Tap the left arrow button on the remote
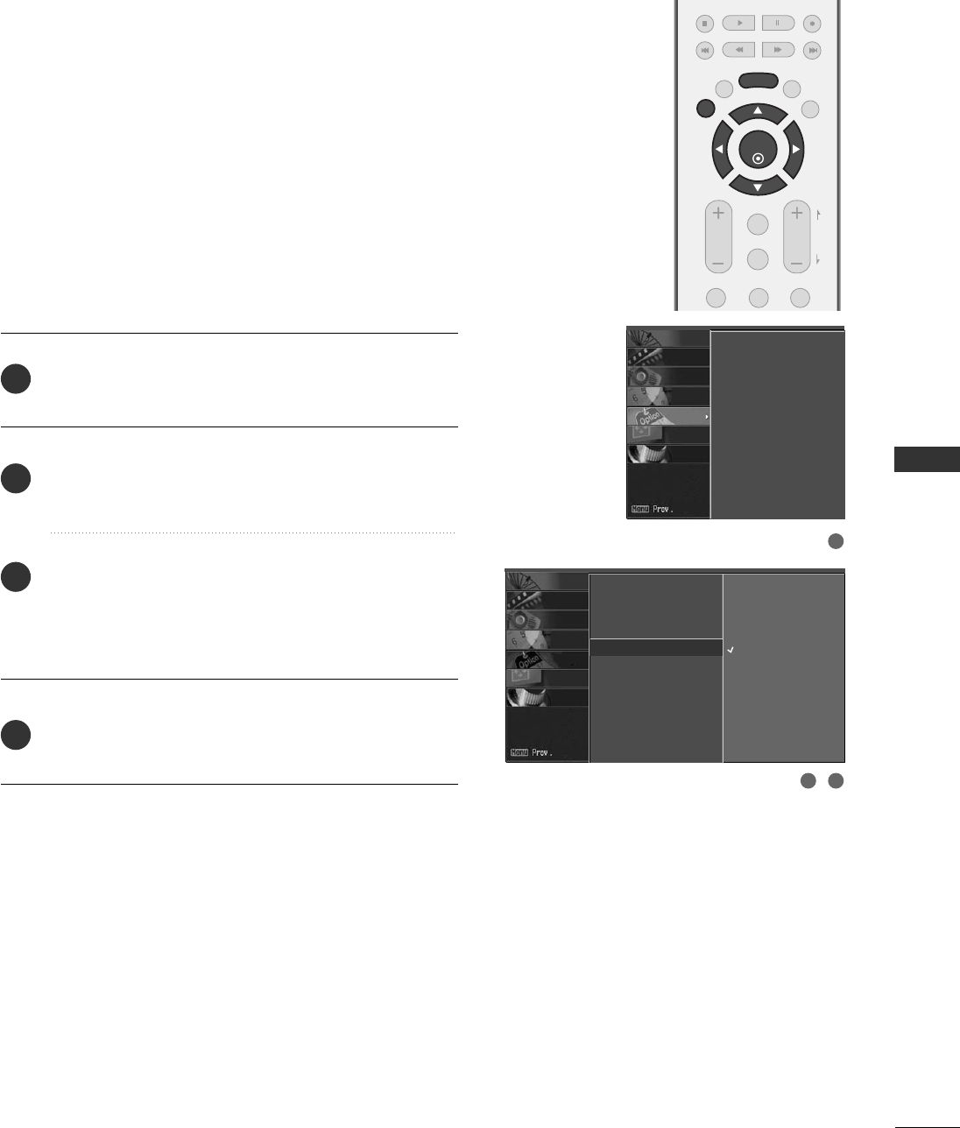(720, 150)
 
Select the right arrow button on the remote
(795, 150)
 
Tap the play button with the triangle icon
(739, 24)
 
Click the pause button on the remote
(777, 24)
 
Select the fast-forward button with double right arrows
(777, 50)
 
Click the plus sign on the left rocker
(718, 213)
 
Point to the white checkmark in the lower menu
(731, 651)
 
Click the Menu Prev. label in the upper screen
(656, 510)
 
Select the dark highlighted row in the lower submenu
(656, 648)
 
